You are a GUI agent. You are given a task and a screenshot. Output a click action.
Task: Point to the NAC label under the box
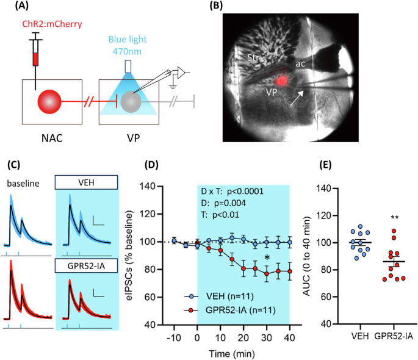(49, 137)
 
